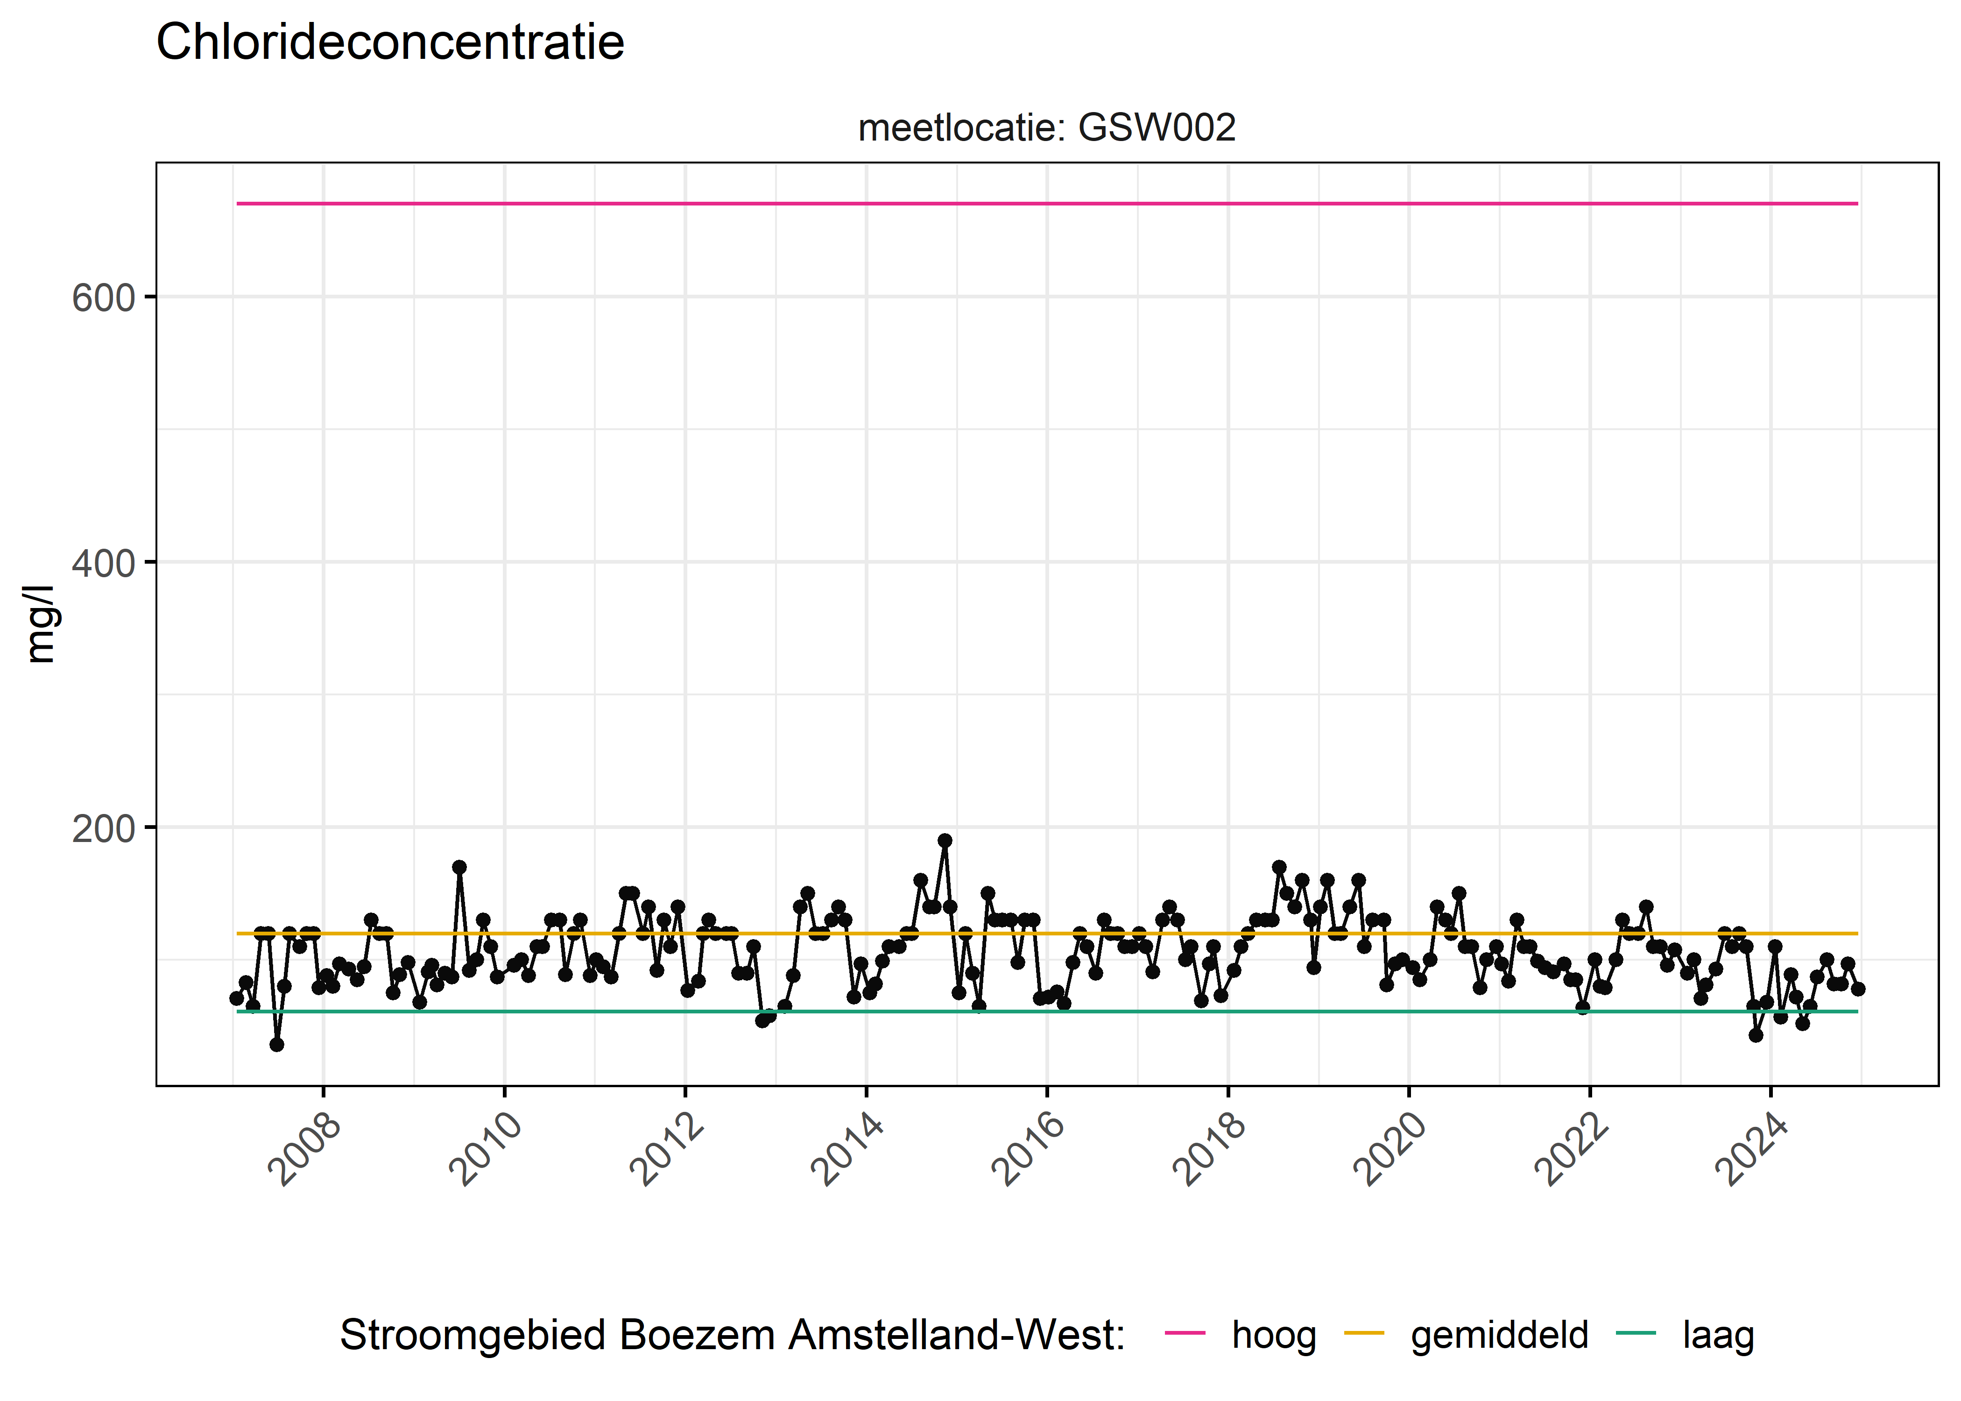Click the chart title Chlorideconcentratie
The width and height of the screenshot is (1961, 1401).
[x=390, y=42]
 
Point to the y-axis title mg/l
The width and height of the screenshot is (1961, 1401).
[x=40, y=624]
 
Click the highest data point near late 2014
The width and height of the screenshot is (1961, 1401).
[x=945, y=840]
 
